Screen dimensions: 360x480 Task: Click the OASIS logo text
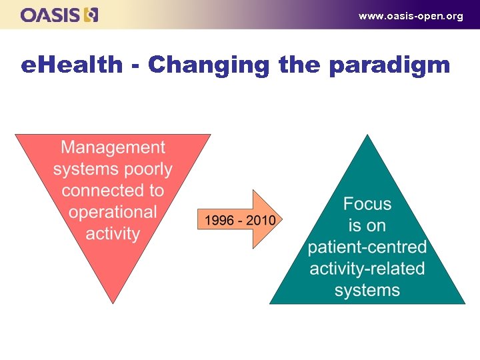(51, 15)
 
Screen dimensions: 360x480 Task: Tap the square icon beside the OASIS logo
(91, 15)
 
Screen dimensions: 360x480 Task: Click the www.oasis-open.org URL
(410, 16)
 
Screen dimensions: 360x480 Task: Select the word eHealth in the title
(72, 65)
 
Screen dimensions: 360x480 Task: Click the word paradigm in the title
(389, 66)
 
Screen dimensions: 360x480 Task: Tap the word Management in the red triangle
(113, 147)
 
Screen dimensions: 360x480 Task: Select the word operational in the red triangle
(113, 213)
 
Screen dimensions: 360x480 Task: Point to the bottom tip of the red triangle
(113, 301)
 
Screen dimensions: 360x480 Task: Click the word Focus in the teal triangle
(367, 204)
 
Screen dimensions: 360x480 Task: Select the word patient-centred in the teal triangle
(367, 247)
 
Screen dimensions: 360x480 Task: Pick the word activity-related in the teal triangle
(367, 269)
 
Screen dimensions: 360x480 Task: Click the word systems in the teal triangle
(367, 291)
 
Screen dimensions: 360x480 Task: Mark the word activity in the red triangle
(113, 234)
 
